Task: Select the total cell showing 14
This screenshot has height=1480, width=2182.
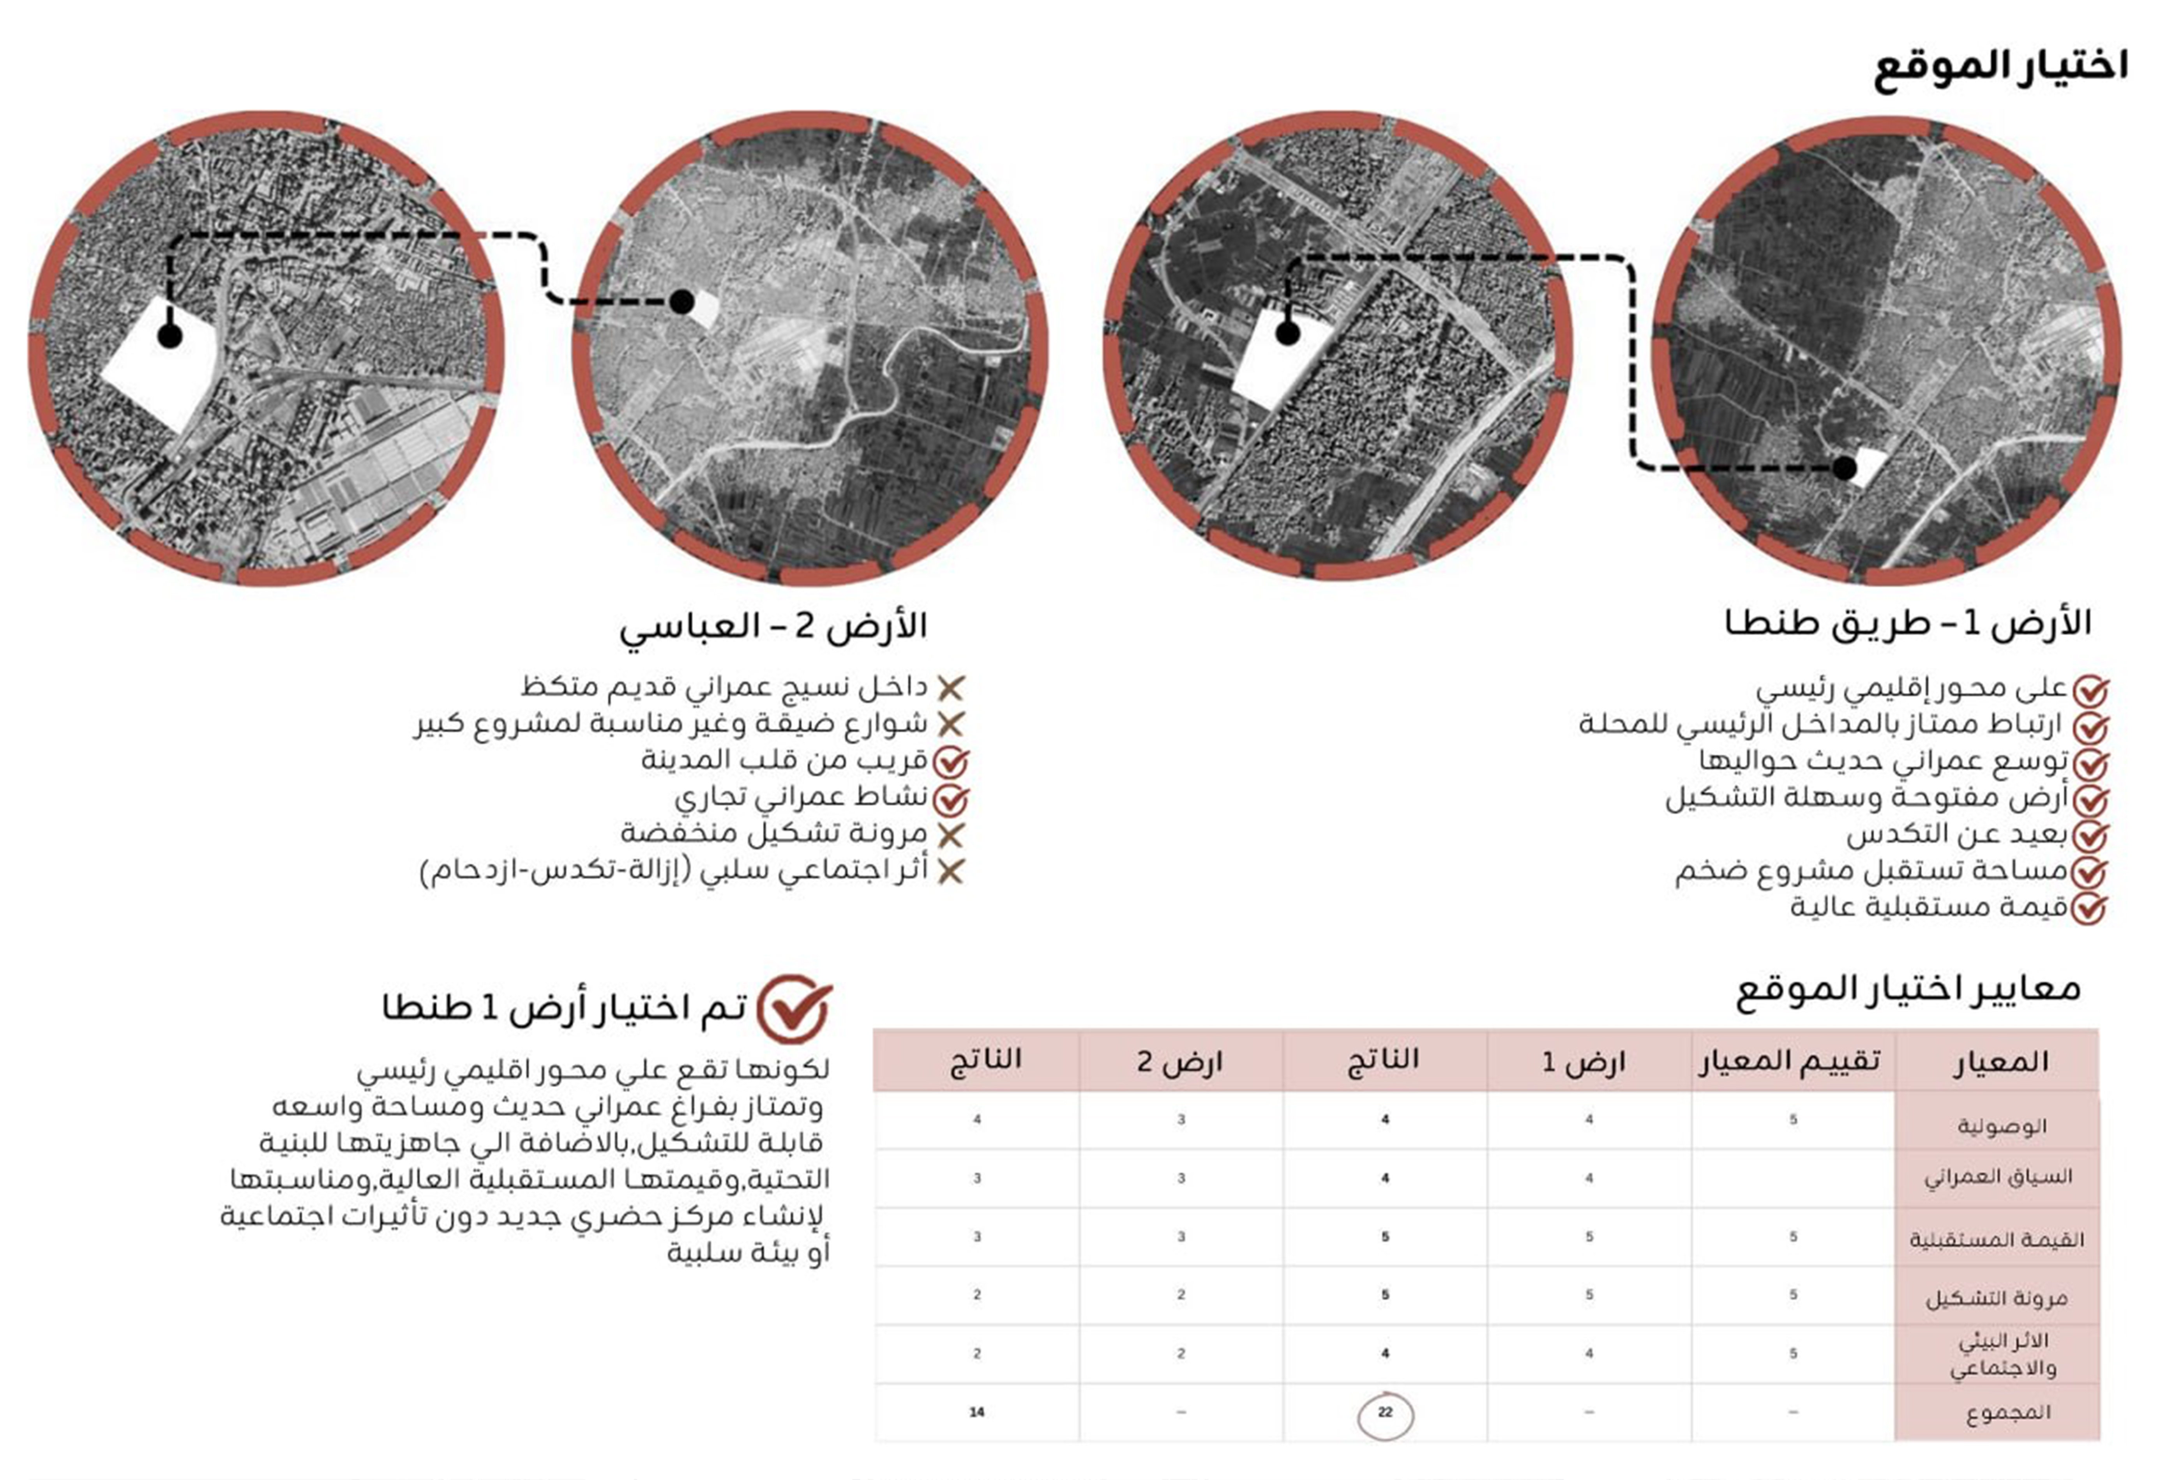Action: (976, 1411)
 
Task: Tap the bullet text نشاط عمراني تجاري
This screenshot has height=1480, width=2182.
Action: (801, 797)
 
